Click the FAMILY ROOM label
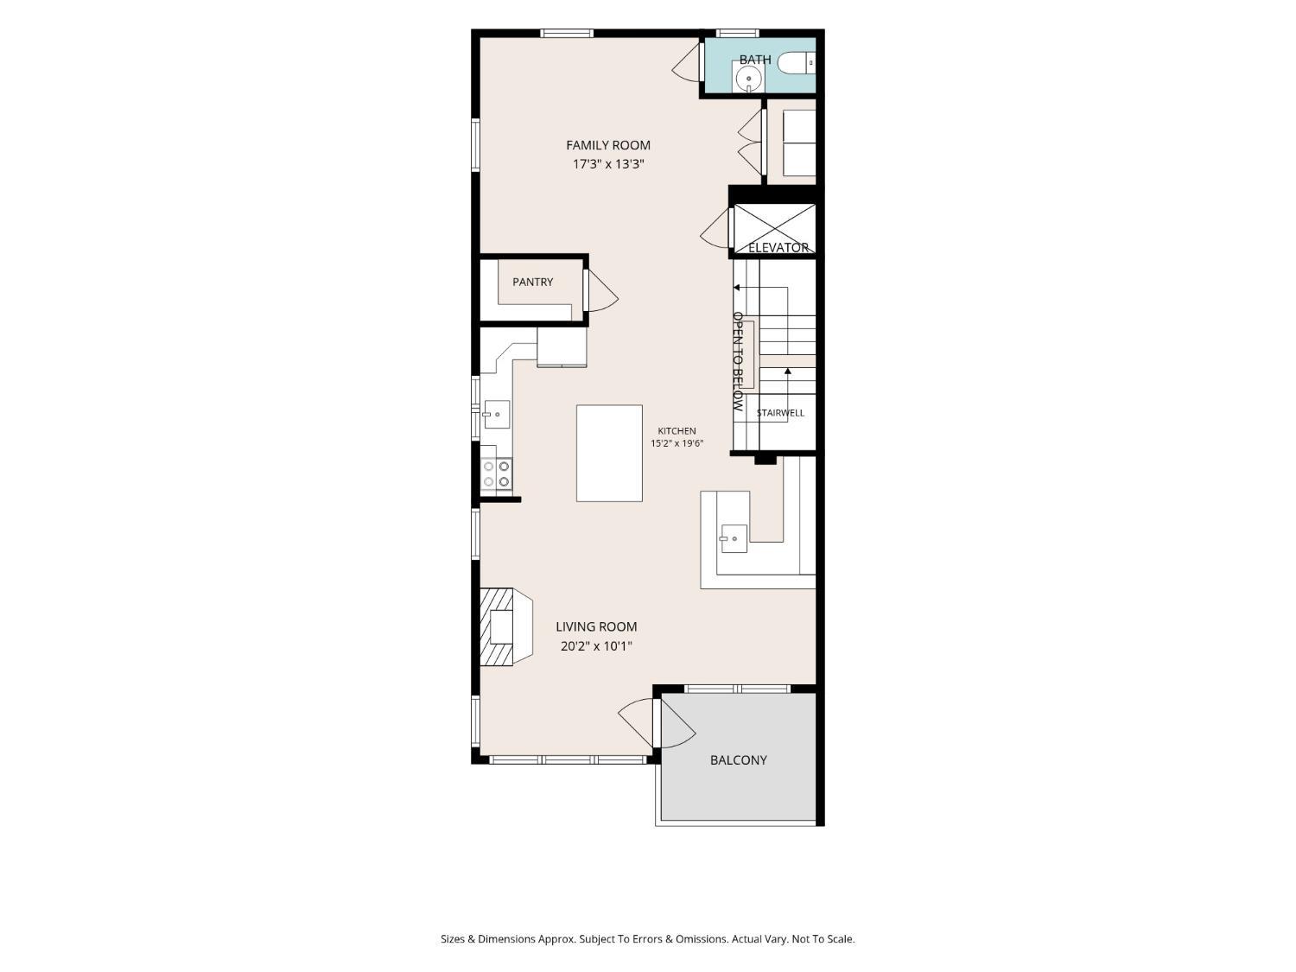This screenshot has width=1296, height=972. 607,145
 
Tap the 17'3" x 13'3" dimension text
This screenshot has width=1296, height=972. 607,164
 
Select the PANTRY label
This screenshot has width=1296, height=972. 532,283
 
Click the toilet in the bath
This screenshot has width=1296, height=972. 796,63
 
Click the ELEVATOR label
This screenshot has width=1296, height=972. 778,248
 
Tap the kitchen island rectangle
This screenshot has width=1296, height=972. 609,454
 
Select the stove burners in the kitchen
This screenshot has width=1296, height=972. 497,473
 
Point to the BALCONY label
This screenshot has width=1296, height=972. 738,760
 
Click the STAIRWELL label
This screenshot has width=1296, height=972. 780,413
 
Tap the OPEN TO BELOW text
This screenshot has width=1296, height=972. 738,361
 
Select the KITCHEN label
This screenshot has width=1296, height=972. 677,431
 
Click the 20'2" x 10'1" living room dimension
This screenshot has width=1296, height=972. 596,646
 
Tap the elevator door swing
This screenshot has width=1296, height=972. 715,228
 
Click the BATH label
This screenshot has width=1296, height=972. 754,60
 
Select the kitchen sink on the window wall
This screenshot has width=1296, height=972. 496,415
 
